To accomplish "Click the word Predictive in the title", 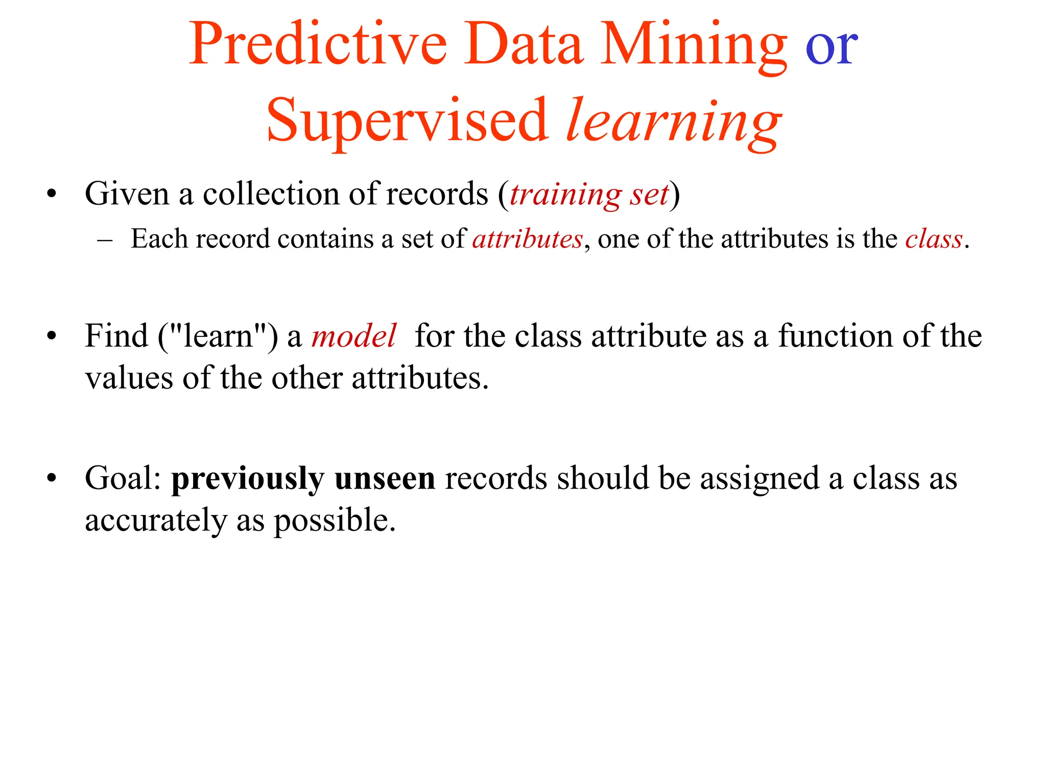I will point(318,45).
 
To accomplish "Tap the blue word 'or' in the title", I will point(831,47).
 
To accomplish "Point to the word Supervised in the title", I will point(407,121).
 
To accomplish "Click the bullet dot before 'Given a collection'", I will point(51,194).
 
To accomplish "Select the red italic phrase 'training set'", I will point(589,194).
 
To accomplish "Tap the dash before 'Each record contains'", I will point(105,239).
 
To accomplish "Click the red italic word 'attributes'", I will point(527,239).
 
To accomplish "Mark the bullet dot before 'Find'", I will point(51,336).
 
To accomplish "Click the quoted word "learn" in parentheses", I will point(218,336).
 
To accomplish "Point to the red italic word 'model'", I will point(353,336).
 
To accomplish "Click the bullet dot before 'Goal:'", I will point(51,479).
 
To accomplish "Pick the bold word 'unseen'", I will point(385,479).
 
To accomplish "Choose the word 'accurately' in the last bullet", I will point(156,521).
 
